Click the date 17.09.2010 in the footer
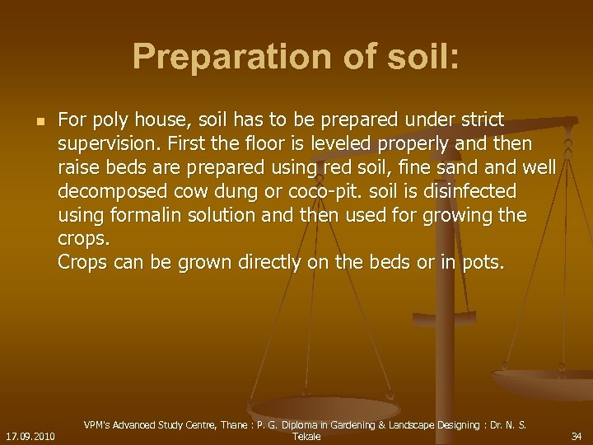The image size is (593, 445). [x=30, y=435]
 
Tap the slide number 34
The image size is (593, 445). [x=577, y=435]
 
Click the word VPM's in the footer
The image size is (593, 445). [x=100, y=424]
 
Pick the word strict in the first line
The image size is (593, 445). [x=481, y=120]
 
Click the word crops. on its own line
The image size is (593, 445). [x=83, y=239]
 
